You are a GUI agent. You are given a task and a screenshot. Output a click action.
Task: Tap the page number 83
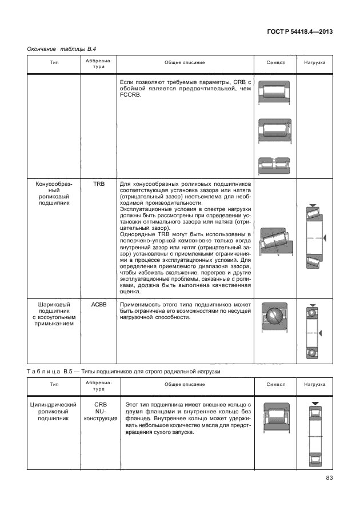[329, 479]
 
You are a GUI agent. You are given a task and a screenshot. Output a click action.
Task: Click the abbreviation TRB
[98, 185]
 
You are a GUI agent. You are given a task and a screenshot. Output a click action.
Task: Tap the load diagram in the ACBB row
[314, 333]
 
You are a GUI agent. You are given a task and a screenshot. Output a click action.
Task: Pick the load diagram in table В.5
[314, 436]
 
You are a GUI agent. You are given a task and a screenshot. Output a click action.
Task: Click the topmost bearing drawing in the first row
[276, 93]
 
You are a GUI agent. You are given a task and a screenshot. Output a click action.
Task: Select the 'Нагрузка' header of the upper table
[314, 62]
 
